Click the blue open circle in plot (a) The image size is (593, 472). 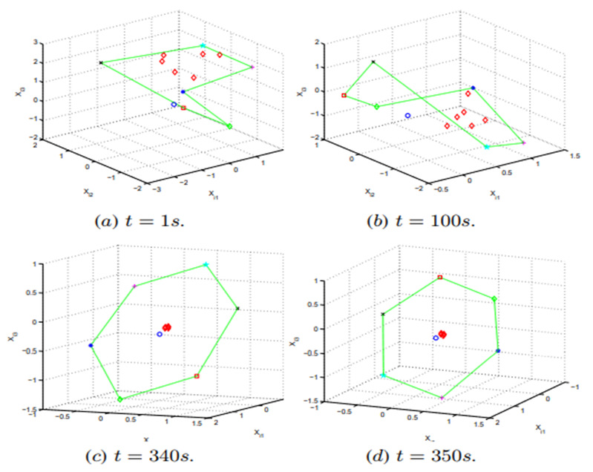pos(174,105)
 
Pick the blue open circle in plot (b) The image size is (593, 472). pos(407,116)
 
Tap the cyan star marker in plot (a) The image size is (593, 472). pos(203,46)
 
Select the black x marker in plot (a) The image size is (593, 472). pos(101,63)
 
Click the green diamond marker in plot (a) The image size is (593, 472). pos(229,127)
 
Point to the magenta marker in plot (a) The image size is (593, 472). pos(253,68)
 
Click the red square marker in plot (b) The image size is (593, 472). pos(344,96)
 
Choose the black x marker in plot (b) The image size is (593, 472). pos(373,62)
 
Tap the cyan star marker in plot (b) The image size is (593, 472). pos(487,148)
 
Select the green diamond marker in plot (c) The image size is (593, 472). pos(119,399)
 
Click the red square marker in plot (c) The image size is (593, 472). pos(197,376)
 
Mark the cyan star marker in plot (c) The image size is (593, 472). pos(206,265)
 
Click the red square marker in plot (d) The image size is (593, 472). pos(440,278)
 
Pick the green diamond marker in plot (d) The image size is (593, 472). pos(494,299)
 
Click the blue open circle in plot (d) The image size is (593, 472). pos(436,338)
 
